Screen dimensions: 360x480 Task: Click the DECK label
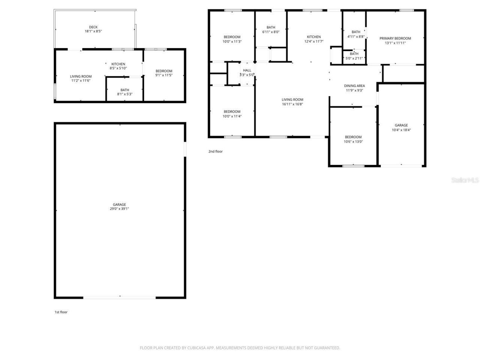pyautogui.click(x=93, y=27)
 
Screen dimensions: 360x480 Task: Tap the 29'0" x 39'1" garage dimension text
pyautogui.click(x=119, y=209)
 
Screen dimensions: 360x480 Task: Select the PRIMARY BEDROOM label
pyautogui.click(x=395, y=38)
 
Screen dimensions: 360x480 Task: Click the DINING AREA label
pyautogui.click(x=354, y=86)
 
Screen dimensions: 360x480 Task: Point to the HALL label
pyautogui.click(x=247, y=70)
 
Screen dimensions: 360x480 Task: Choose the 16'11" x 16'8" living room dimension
pyautogui.click(x=292, y=104)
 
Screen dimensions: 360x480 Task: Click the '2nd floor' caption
pyautogui.click(x=216, y=151)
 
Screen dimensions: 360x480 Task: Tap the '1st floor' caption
pyautogui.click(x=61, y=312)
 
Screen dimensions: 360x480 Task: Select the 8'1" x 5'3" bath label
pyautogui.click(x=125, y=94)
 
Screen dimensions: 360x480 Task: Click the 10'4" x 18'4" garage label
pyautogui.click(x=401, y=130)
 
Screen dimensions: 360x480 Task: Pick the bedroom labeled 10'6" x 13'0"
pyautogui.click(x=353, y=139)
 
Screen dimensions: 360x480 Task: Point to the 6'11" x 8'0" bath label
pyautogui.click(x=271, y=30)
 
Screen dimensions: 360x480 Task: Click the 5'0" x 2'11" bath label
pyautogui.click(x=354, y=56)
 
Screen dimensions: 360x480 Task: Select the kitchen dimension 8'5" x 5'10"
pyautogui.click(x=118, y=68)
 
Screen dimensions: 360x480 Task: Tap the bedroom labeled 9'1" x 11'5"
pyautogui.click(x=164, y=73)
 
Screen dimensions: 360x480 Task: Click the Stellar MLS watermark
pyautogui.click(x=465, y=180)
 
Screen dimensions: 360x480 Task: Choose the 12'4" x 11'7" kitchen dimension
pyautogui.click(x=314, y=42)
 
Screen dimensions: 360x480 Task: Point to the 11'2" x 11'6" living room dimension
pyautogui.click(x=81, y=81)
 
